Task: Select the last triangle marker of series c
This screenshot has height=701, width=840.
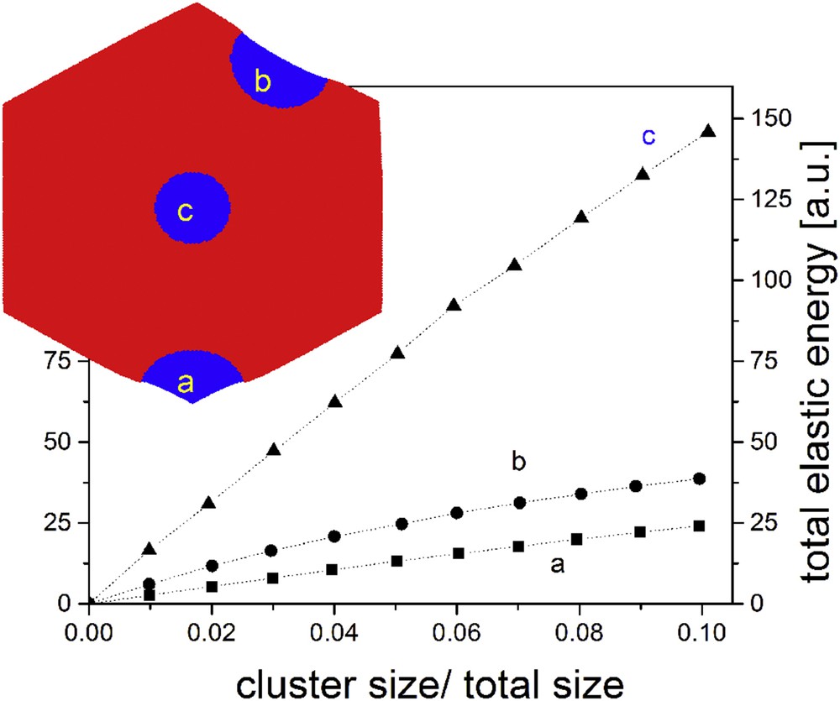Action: tap(708, 130)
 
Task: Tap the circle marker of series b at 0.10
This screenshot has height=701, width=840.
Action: tap(699, 479)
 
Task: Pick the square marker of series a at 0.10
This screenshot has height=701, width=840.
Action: tap(699, 526)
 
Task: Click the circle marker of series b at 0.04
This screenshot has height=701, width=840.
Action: tap(334, 536)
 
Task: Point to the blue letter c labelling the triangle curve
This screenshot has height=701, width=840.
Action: tap(648, 136)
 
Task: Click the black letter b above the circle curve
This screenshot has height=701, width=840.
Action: tap(518, 461)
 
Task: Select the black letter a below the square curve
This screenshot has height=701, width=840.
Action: tap(556, 566)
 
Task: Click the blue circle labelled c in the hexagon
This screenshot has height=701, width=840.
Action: tap(192, 208)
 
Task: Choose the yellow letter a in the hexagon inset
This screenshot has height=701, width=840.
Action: tap(186, 384)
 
